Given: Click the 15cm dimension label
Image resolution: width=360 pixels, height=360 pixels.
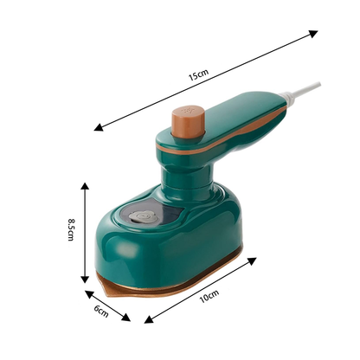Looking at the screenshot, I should (198, 76).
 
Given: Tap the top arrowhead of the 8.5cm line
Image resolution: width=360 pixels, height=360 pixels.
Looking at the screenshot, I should (85, 185).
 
